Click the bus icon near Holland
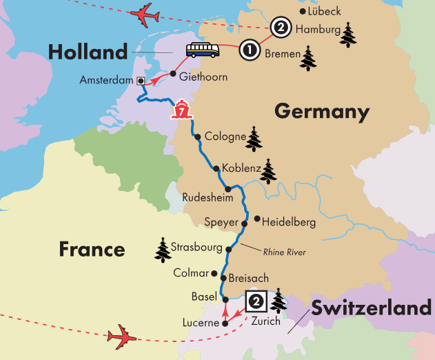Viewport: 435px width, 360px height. [x=203, y=50]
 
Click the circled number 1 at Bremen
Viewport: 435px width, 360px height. [x=249, y=50]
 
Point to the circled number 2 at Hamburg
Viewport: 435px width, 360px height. [x=280, y=28]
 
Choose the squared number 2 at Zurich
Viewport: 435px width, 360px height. [x=255, y=301]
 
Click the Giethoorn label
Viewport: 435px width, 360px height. [x=203, y=77]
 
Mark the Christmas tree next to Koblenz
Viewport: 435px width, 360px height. [x=267, y=171]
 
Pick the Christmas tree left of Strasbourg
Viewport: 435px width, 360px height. [x=163, y=250]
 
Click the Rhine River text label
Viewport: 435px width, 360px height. [x=284, y=252]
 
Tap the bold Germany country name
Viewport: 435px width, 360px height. [x=321, y=111]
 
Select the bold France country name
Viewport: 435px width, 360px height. [x=92, y=248]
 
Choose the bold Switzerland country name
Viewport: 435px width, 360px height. [x=372, y=308]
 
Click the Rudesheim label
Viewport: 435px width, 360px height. [x=203, y=198]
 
